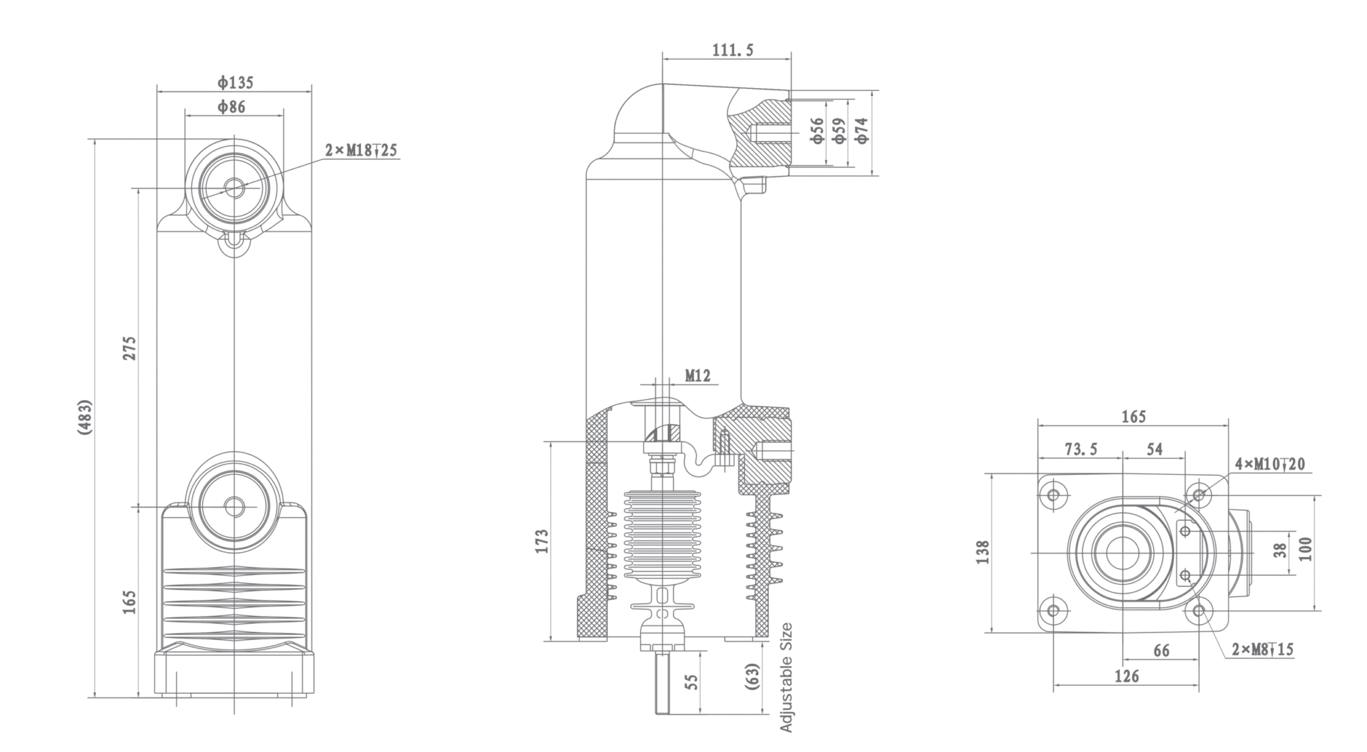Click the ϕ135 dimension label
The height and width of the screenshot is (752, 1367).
click(x=235, y=83)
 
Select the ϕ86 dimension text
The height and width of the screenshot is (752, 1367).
click(x=231, y=107)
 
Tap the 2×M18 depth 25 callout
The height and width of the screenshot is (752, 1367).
click(x=361, y=150)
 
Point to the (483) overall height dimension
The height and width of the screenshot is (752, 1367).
click(x=85, y=418)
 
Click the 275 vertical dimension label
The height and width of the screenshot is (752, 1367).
click(x=129, y=349)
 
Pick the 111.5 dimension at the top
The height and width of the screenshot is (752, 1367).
click(x=733, y=50)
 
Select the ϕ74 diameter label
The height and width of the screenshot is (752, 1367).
click(x=862, y=130)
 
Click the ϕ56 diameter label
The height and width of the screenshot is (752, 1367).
click(x=817, y=130)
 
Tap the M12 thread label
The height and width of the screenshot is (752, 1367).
click(x=698, y=376)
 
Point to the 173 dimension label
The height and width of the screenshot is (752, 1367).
click(x=541, y=541)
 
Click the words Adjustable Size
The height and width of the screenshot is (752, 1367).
click(x=786, y=677)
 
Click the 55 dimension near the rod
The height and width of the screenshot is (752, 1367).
click(x=692, y=682)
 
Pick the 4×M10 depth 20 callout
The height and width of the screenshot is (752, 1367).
click(x=1270, y=463)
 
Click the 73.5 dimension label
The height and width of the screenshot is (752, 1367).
click(x=1081, y=449)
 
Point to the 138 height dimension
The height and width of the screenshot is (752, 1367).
click(x=983, y=552)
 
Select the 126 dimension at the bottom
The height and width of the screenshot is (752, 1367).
click(x=1127, y=677)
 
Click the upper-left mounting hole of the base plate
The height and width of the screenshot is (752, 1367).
click(x=1053, y=496)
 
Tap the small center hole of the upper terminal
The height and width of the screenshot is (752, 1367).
click(x=234, y=188)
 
